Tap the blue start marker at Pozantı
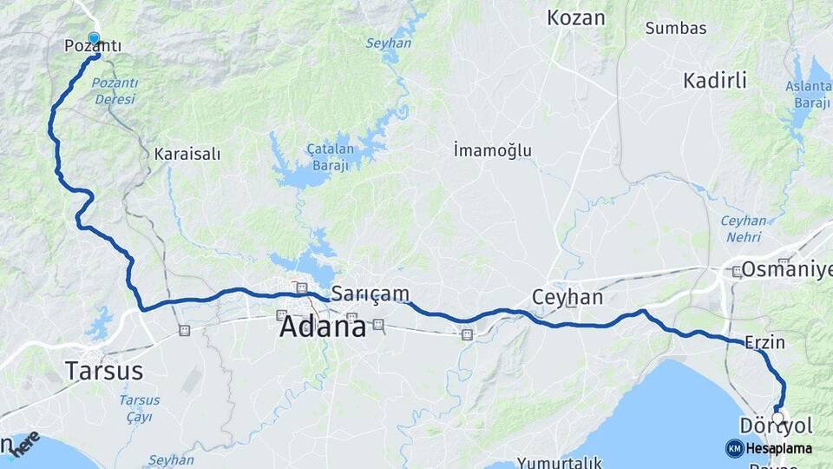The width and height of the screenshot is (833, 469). (94, 38)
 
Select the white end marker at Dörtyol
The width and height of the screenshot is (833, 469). (777, 418)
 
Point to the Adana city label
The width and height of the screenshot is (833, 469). (322, 327)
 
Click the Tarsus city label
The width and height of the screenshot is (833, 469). (103, 371)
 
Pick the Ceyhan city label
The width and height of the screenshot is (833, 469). (567, 297)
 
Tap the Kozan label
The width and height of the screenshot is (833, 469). (576, 17)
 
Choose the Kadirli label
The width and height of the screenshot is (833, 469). (715, 81)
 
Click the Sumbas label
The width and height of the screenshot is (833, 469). (676, 28)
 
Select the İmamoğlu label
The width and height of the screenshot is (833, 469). (492, 150)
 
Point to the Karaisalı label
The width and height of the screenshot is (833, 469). (187, 154)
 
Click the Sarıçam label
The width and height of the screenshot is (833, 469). (371, 294)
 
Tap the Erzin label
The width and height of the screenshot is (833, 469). (764, 342)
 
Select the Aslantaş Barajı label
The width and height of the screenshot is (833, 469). (807, 93)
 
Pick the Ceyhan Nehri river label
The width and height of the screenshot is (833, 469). (744, 228)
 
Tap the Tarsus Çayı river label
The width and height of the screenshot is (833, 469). (139, 407)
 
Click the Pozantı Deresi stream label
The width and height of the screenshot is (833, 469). (113, 90)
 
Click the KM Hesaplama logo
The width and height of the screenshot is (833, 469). (769, 448)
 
